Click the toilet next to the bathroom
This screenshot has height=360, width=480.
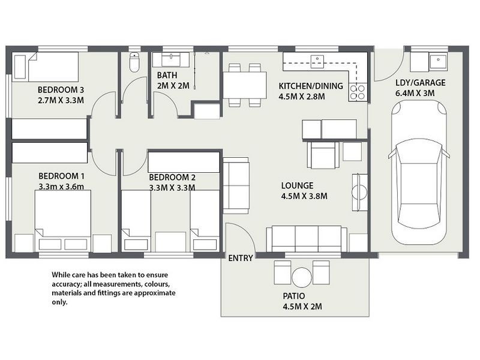pyautogui.click(x=134, y=62)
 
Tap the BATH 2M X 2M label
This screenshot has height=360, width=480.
pyautogui.click(x=173, y=80)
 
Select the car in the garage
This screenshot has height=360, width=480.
pyautogui.click(x=419, y=172)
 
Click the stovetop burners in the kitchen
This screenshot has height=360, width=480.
pyautogui.click(x=358, y=92)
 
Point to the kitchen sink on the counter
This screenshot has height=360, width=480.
pyautogui.click(x=317, y=61)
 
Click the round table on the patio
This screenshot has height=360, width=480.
pyautogui.click(x=302, y=277)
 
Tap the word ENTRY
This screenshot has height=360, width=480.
pyautogui.click(x=241, y=258)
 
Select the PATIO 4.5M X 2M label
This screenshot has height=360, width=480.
pyautogui.click(x=302, y=301)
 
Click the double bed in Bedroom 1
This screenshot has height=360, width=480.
pyautogui.click(x=63, y=221)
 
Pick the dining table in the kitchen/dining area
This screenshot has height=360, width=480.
pyautogui.click(x=245, y=85)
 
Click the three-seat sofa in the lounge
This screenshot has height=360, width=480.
pyautogui.click(x=307, y=239)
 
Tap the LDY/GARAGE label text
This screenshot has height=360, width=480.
pyautogui.click(x=421, y=83)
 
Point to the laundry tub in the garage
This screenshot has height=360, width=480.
pyautogui.click(x=438, y=62)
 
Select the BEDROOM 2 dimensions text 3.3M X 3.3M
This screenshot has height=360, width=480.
pyautogui.click(x=172, y=187)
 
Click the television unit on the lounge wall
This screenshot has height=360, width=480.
pyautogui.click(x=359, y=192)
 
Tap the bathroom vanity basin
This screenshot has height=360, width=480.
pyautogui.click(x=172, y=59)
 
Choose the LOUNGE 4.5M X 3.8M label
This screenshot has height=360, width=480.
pyautogui.click(x=304, y=191)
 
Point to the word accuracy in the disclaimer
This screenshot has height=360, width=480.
pyautogui.click(x=65, y=284)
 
